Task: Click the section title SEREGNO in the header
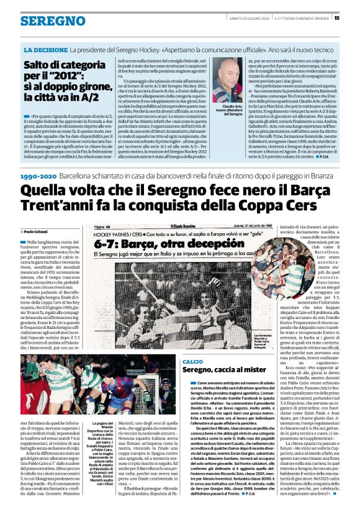pyautogui.click(x=44, y=21)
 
